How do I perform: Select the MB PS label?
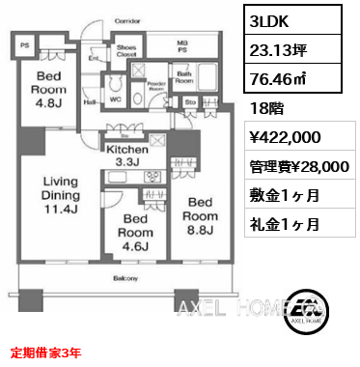(x=181, y=46)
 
